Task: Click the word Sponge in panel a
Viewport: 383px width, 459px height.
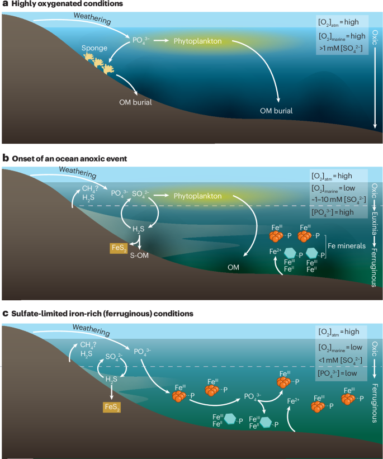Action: [x=94, y=49]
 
